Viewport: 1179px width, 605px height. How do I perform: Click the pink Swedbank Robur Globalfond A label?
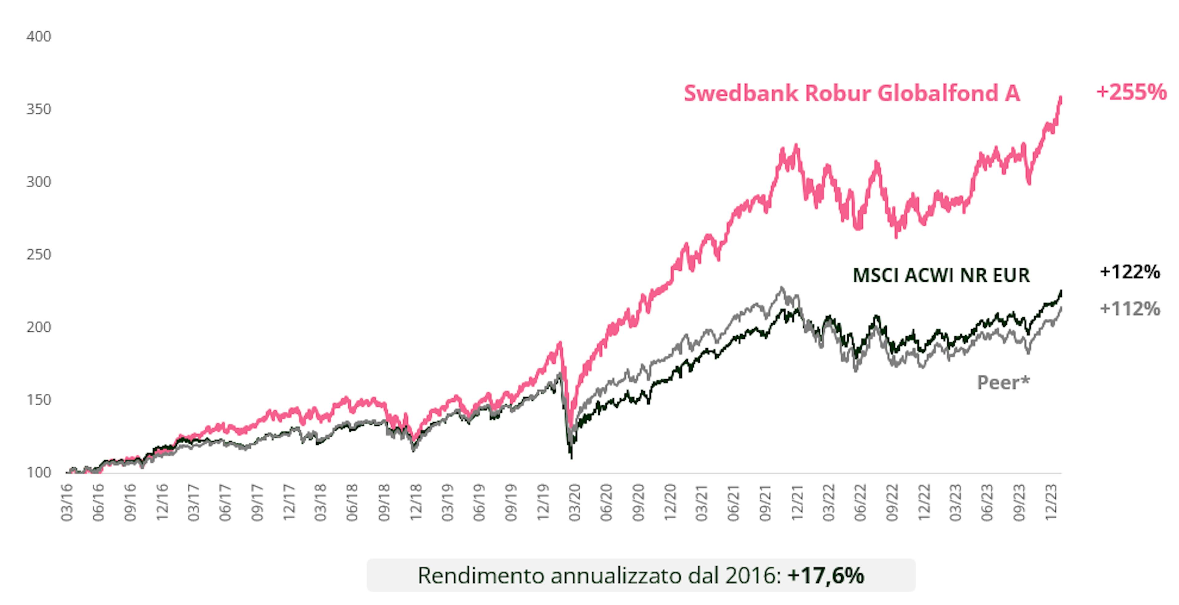point(852,93)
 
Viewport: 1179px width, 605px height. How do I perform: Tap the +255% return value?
point(1131,92)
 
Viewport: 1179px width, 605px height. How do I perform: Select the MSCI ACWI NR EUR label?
point(941,275)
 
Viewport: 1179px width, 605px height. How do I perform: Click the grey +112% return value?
point(1130,309)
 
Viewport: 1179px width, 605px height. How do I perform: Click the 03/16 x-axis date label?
point(67,502)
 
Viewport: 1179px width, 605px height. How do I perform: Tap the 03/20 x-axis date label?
point(574,502)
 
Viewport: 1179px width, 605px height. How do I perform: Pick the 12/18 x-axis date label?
point(416,502)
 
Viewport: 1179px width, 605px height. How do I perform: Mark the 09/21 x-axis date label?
point(765,502)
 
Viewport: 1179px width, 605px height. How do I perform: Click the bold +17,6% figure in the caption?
point(825,575)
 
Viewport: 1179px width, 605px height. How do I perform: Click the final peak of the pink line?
point(1060,97)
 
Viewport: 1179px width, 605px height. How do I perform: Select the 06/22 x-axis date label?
point(860,502)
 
